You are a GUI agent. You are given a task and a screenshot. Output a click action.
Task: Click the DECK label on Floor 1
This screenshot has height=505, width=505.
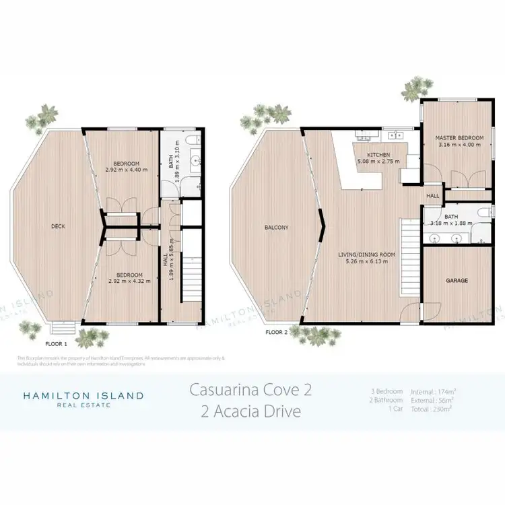click(58, 226)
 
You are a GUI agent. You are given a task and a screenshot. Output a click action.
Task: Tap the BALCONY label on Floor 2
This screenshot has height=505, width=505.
click(276, 228)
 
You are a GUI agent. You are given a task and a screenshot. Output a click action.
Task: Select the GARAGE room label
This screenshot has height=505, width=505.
click(456, 280)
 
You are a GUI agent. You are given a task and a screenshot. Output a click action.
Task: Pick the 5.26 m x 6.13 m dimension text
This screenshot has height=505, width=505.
click(366, 262)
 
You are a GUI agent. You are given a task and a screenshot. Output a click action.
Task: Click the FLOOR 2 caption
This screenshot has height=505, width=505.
click(277, 332)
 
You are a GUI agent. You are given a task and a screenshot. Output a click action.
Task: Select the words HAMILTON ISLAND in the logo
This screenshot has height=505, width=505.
click(83, 395)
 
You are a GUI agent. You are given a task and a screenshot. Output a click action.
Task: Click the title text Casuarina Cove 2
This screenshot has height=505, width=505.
click(251, 389)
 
